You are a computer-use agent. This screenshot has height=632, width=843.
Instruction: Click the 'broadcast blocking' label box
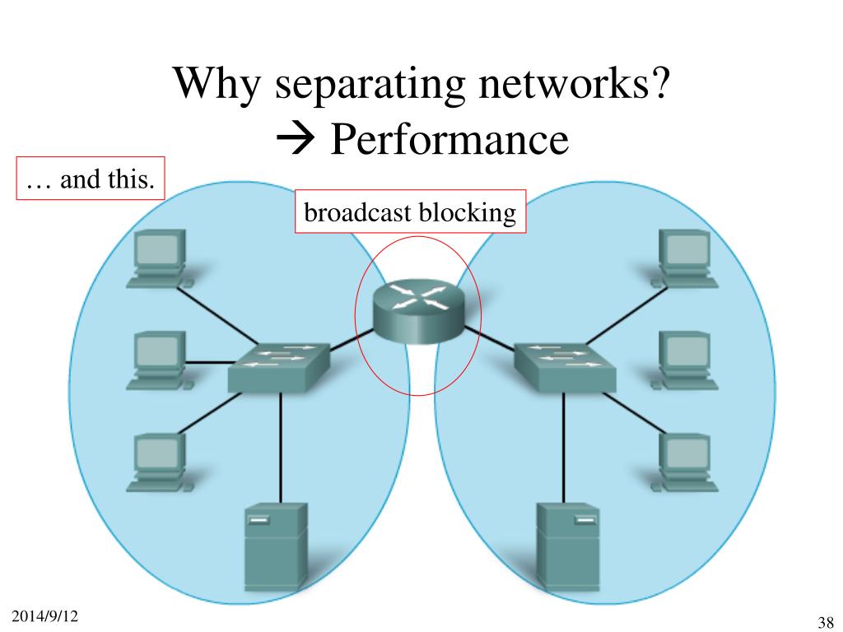[x=410, y=213]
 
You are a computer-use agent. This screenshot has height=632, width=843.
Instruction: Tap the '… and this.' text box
[x=91, y=179]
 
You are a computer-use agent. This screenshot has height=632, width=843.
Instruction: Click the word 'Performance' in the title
[x=449, y=140]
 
